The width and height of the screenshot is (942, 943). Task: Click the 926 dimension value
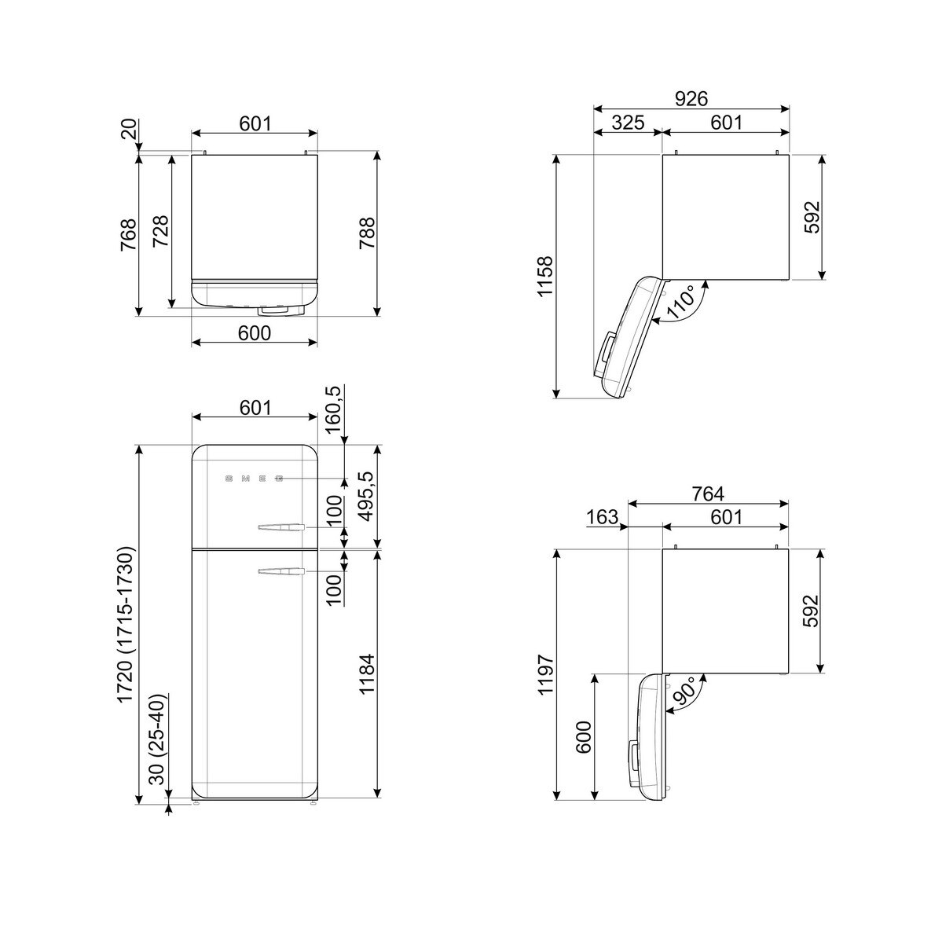(x=691, y=99)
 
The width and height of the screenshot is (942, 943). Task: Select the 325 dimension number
(x=628, y=123)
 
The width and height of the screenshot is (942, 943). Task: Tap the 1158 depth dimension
(x=545, y=276)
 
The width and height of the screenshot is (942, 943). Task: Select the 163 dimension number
(x=603, y=517)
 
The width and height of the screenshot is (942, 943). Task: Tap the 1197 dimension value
(x=545, y=673)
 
